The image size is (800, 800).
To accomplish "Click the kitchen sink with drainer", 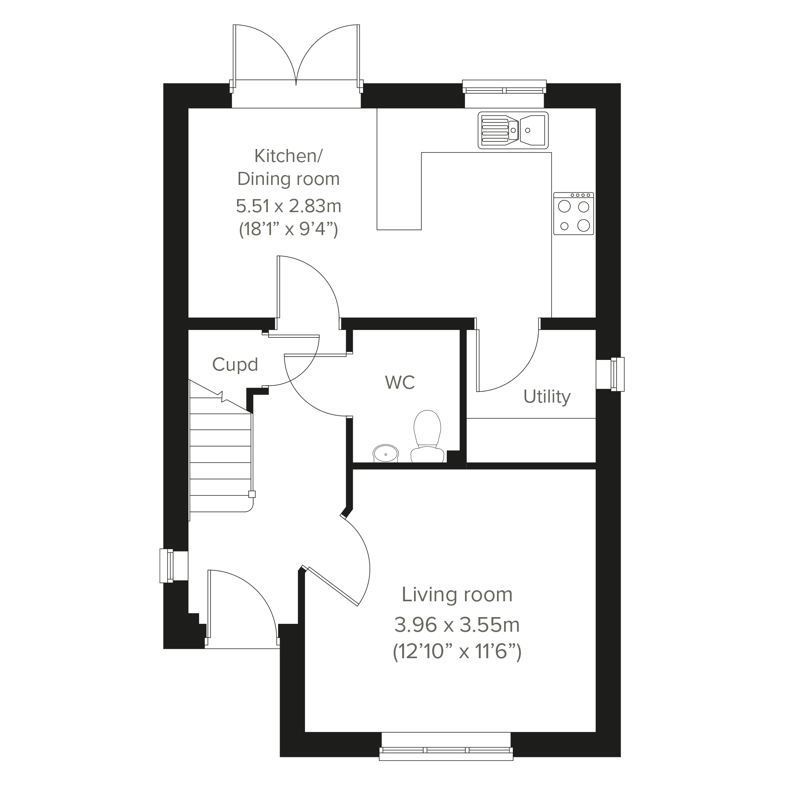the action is point(513,130).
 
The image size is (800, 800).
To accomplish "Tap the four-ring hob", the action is point(574,214).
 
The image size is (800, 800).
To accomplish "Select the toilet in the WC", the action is point(427,436).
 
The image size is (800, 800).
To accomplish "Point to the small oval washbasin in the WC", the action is point(386,454).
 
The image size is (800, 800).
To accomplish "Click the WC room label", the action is point(400,382).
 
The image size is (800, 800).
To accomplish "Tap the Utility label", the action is point(547,397).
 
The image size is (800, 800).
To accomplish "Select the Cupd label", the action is point(235,365).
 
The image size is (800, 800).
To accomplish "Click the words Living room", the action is point(457,595).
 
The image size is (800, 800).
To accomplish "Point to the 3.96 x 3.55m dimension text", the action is point(457,625).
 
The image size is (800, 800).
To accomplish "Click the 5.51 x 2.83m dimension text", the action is point(289,206).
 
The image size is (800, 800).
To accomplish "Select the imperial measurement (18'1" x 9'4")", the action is point(289,229).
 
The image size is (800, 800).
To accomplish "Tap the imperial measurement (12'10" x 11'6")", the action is point(457,652).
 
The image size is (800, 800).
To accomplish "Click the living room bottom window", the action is point(446,754).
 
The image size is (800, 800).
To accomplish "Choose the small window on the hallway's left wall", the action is point(174,566).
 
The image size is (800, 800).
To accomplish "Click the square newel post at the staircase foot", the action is point(252,494).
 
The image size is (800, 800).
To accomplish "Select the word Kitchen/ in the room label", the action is point(289,156).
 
